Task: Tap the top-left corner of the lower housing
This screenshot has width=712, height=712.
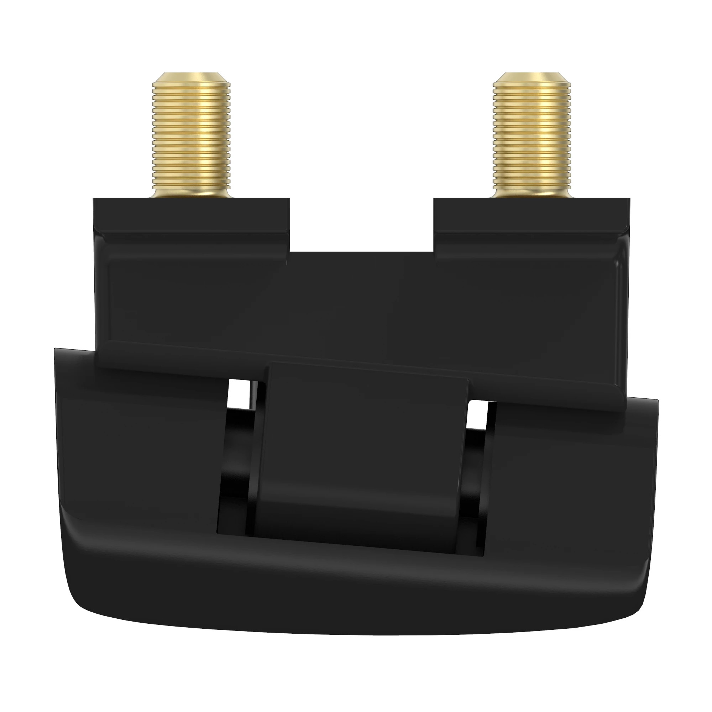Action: tap(59, 352)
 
